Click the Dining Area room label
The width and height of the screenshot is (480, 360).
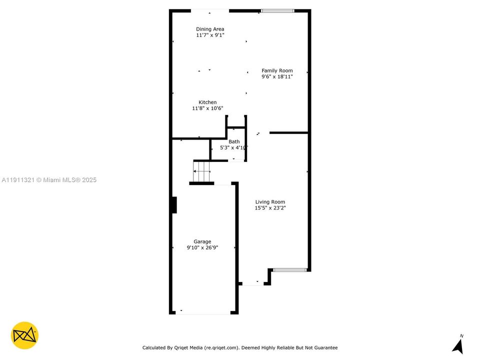click(210, 29)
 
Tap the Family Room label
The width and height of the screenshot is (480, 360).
click(277, 70)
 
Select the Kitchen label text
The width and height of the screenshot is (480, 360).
click(207, 102)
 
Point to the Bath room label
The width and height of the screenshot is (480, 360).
click(234, 141)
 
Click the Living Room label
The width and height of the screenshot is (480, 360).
click(270, 202)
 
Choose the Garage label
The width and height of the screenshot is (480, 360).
click(202, 241)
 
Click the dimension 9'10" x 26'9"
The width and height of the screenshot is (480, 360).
click(202, 247)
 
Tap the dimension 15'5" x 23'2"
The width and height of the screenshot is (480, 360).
click(270, 208)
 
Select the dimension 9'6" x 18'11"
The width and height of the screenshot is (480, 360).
click(277, 77)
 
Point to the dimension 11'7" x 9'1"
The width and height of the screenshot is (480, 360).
click(210, 35)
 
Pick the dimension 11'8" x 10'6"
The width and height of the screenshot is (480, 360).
click(207, 108)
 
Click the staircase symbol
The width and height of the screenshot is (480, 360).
click(202, 171)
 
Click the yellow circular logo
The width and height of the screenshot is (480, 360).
click(24, 335)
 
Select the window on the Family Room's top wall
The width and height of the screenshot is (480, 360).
click(277, 10)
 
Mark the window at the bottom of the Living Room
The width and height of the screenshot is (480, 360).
click(289, 270)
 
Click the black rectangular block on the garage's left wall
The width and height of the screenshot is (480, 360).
click(174, 205)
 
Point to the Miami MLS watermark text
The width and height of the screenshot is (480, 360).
click(49, 180)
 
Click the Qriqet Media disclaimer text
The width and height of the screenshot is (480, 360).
click(240, 347)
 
